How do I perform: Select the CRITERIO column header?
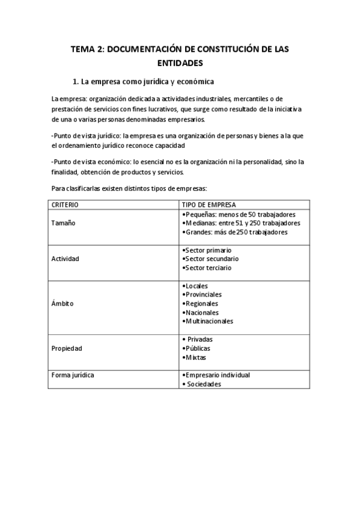(x=65, y=205)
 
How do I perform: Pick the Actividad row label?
(x=66, y=259)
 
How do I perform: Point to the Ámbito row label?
(x=63, y=304)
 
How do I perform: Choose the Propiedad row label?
(x=67, y=348)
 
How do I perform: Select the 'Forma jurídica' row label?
(x=73, y=375)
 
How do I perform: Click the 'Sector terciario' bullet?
(x=206, y=268)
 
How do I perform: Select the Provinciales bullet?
(x=203, y=295)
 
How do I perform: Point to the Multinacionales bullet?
(x=207, y=321)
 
